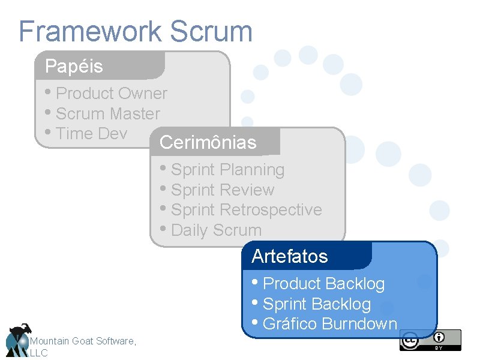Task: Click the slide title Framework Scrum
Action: (x=135, y=31)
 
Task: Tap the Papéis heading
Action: (x=74, y=66)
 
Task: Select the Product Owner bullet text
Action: (x=111, y=94)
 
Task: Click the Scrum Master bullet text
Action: (x=107, y=113)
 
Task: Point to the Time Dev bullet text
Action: (x=91, y=133)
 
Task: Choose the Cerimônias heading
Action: (x=208, y=143)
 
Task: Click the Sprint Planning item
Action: (x=227, y=170)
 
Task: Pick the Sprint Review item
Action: (x=222, y=190)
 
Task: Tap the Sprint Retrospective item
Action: (x=246, y=210)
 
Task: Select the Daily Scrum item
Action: (x=216, y=230)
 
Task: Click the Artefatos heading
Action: (x=290, y=256)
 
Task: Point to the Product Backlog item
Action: (x=323, y=283)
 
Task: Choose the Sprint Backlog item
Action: (x=317, y=304)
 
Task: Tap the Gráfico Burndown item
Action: (x=330, y=324)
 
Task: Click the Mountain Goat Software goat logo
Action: (x=17, y=340)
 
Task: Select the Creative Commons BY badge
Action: (x=430, y=340)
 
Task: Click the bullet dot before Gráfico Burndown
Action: (x=256, y=323)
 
